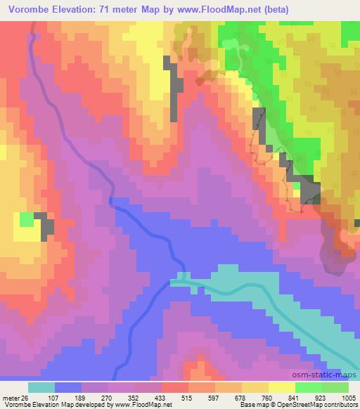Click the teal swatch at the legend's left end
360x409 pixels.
[x=41, y=387]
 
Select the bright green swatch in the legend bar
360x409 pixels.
[x=308, y=387]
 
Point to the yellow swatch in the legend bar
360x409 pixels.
[x=281, y=387]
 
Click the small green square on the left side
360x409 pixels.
[x=26, y=220]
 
